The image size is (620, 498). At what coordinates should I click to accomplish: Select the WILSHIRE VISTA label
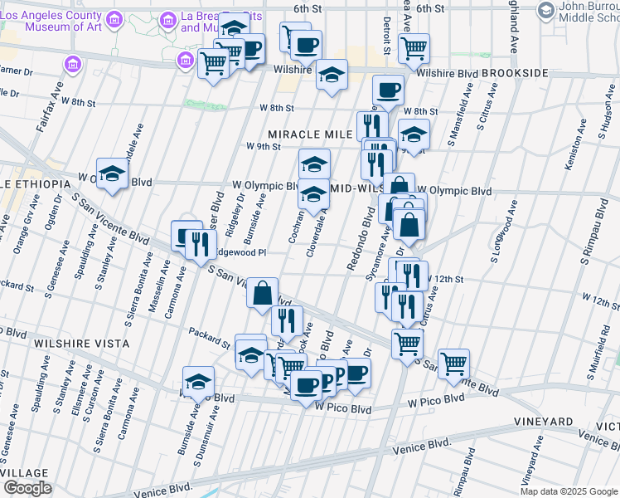[81, 343]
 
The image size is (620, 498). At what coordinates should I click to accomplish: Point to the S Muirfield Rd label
[603, 336]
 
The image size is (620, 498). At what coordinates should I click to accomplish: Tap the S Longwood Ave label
[502, 236]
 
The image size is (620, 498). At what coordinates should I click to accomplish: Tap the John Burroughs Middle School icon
[545, 9]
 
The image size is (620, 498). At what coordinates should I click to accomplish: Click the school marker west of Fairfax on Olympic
[111, 173]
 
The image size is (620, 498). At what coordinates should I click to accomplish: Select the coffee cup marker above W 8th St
[387, 90]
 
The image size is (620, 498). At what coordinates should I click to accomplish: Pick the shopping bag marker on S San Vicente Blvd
[262, 291]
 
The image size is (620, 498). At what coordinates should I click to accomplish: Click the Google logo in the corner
[27, 488]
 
